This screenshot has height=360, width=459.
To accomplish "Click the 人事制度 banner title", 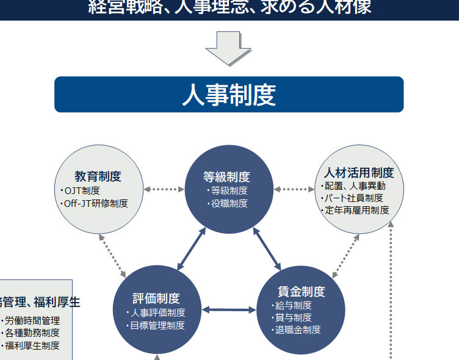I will pos(229,95).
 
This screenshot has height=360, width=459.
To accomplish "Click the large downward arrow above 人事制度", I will pos(228,48).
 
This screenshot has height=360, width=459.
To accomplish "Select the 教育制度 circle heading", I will pos(98,177).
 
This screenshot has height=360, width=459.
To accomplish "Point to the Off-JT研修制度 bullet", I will pos(96,203).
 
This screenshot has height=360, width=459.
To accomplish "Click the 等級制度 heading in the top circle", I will pos(227,177).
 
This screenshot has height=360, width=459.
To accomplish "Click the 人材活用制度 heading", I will pos(359,173).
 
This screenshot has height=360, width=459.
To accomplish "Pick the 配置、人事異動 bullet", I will pos(354,186).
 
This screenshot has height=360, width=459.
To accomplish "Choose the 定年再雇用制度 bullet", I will pos(356,210).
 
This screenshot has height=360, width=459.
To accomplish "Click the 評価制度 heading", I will pos(157,298).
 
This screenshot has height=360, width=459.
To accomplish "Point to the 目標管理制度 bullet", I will pos(157,325).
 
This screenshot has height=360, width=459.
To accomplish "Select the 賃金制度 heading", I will pos(302,292).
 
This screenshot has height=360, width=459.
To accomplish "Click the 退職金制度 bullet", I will pos(297,330).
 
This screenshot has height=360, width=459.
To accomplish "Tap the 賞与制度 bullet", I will pos(293,318).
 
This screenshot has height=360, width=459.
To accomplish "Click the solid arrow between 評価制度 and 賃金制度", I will pos(229,309).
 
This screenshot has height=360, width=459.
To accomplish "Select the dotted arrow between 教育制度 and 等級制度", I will pos(164,189).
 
